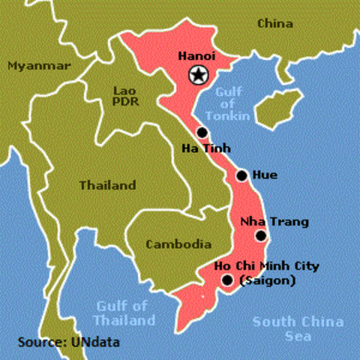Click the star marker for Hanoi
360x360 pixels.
coord(198,73)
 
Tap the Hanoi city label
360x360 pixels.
coord(196,55)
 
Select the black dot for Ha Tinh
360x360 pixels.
coord(202,133)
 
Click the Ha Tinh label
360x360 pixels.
coord(201,148)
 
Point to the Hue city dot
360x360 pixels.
coord(241,175)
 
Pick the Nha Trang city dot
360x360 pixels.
coord(260,236)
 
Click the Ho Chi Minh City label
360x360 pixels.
coord(266,266)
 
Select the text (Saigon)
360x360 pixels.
coord(265,280)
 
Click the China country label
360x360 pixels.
coord(275,23)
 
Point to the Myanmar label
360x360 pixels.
coord(38,66)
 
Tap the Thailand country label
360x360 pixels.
coord(107,185)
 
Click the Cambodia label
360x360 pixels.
coord(178,244)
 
